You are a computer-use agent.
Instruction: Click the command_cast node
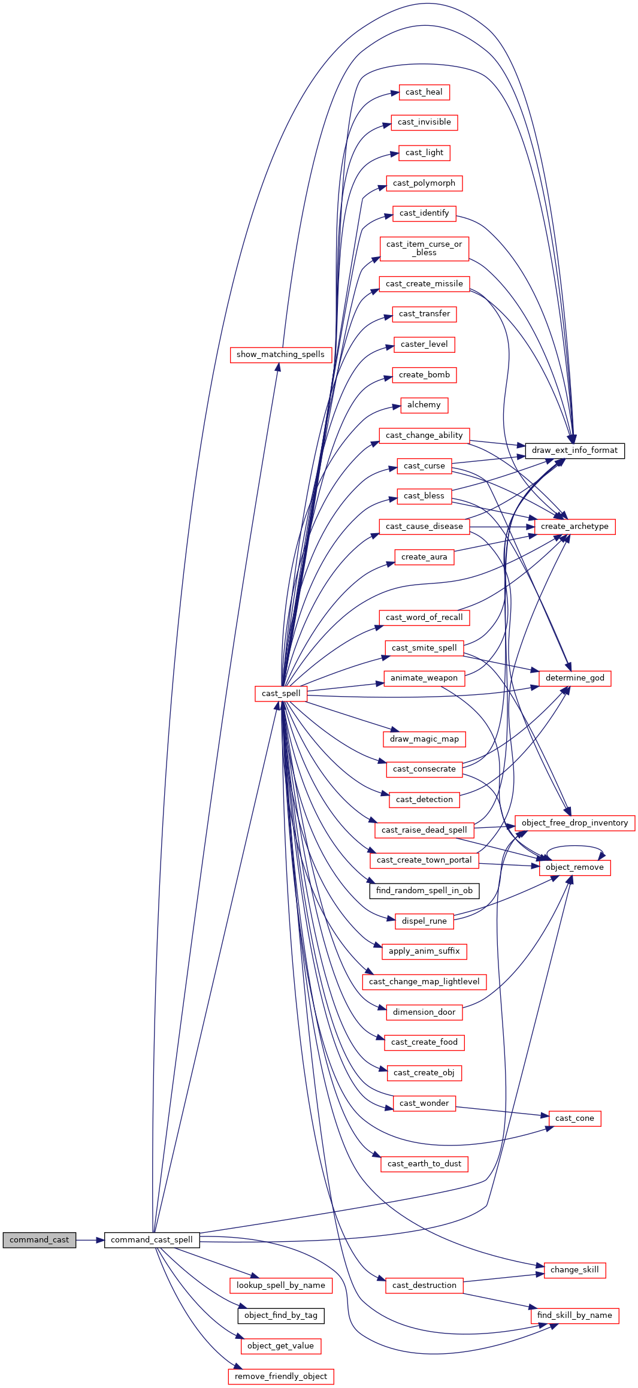click(40, 1240)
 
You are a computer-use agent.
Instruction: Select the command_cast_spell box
click(152, 1240)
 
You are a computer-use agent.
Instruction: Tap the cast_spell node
click(281, 694)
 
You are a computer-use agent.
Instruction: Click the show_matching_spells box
click(281, 355)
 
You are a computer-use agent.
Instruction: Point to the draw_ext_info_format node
click(574, 450)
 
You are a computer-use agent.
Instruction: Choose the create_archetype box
click(574, 527)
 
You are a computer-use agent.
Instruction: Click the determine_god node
click(575, 678)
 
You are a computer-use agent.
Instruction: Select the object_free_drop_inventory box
click(575, 823)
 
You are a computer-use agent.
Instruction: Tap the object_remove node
click(575, 867)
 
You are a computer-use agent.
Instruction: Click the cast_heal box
click(424, 92)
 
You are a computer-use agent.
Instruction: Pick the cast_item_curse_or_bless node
click(424, 249)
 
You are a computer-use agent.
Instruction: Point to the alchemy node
click(424, 405)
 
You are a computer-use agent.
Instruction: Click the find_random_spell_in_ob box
click(424, 891)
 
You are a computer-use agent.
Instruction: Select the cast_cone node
click(574, 1118)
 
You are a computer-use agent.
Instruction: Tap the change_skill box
click(574, 1270)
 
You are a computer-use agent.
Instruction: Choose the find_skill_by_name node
click(574, 1316)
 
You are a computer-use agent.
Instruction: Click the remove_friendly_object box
click(281, 1377)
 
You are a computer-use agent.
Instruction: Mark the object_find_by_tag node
click(281, 1316)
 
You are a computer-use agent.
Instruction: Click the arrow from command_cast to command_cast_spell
click(90, 1240)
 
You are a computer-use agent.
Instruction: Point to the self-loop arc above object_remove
click(575, 846)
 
